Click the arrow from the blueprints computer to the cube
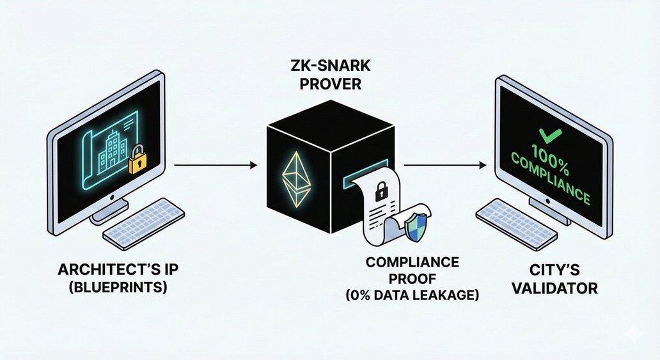click(215, 165)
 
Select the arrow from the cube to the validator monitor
click(443, 165)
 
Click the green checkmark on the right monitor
click(547, 136)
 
